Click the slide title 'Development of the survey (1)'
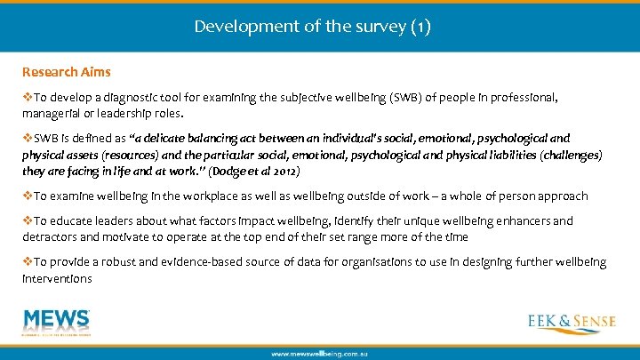pyautogui.click(x=312, y=27)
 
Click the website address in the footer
pyautogui.click(x=319, y=353)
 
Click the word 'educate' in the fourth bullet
pyautogui.click(x=76, y=220)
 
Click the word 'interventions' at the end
pyautogui.click(x=57, y=278)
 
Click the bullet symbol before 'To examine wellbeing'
pyautogui.click(x=28, y=196)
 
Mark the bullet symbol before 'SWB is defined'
pyautogui.click(x=28, y=139)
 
